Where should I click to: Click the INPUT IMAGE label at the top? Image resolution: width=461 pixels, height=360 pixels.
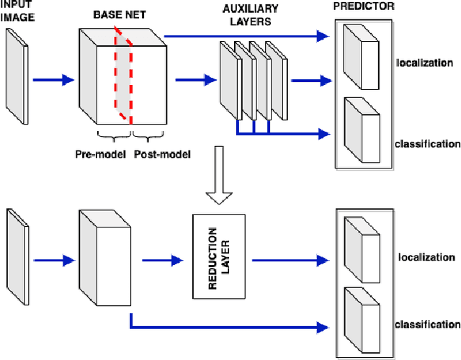pyautogui.click(x=18, y=12)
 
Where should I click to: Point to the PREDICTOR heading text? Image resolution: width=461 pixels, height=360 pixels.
pyautogui.click(x=364, y=6)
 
